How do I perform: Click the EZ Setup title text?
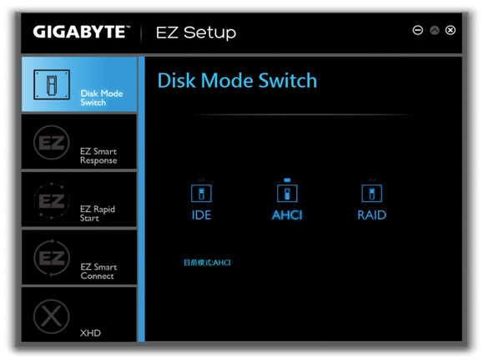click(196, 33)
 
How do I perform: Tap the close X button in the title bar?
click(451, 30)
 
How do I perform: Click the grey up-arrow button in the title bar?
click(434, 30)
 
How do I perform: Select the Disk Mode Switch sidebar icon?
click(52, 84)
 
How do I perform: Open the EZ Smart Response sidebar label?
click(98, 155)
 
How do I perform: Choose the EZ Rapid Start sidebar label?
click(98, 213)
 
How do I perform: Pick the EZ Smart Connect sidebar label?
click(98, 271)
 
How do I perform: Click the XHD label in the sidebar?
click(90, 332)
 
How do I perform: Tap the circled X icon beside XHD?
click(51, 317)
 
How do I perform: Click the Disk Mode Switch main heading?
click(237, 81)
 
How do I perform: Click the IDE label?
click(201, 215)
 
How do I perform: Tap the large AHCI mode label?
click(287, 215)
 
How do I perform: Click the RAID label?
click(371, 215)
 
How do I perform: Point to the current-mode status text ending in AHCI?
click(207, 262)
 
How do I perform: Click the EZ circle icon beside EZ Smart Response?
click(51, 143)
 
